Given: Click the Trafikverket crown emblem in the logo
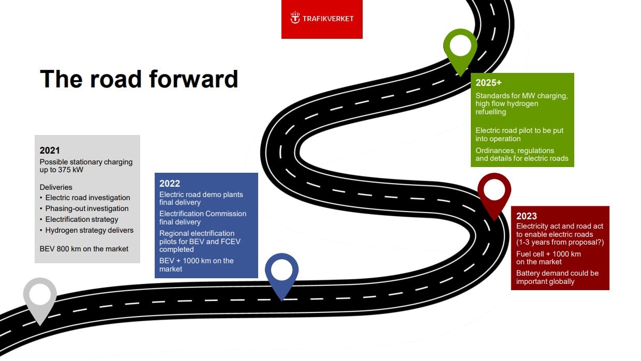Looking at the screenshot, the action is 295,18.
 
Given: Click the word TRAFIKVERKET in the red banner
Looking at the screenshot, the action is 328,19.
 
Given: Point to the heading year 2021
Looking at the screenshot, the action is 50,151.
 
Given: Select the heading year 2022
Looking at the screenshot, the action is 170,184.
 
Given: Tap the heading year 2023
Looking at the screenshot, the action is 527,216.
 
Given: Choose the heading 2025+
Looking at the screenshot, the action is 488,83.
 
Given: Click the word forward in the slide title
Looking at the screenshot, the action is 193,79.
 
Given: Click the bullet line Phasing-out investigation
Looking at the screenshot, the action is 87,208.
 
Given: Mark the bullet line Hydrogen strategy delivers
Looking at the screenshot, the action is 90,230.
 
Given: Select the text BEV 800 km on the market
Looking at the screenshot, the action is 84,249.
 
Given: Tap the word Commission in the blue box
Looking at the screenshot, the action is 226,214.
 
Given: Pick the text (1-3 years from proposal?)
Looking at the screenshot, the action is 560,243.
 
